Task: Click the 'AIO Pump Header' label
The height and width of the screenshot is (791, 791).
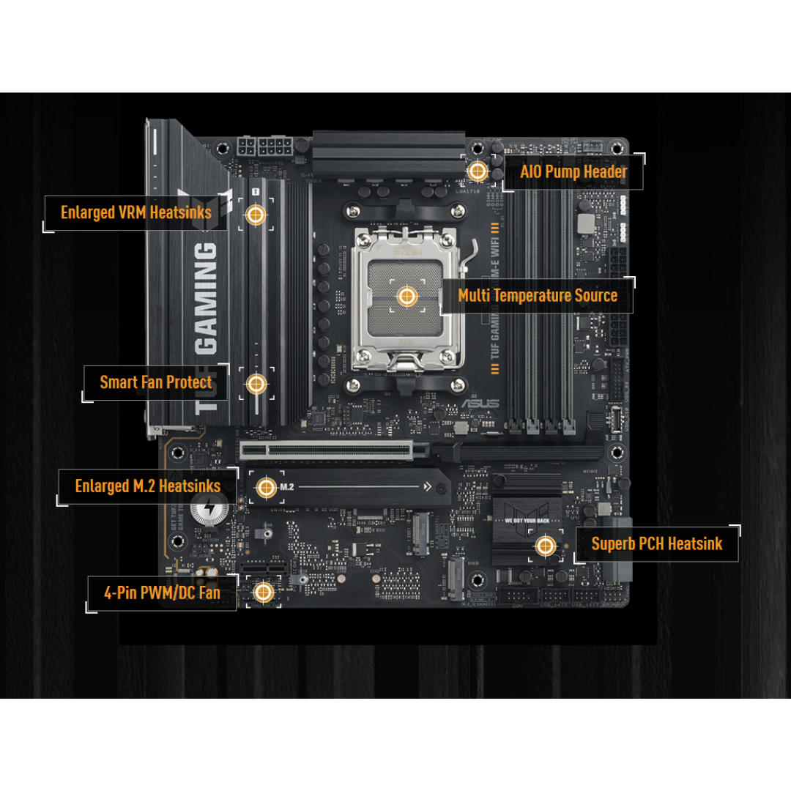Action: [573, 172]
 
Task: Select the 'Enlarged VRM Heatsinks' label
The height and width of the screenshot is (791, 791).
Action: [136, 212]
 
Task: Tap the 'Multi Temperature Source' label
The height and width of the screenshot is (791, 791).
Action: [538, 295]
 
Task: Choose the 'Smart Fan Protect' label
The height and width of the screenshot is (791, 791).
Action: [156, 382]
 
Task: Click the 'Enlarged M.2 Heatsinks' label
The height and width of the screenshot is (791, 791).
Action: [148, 486]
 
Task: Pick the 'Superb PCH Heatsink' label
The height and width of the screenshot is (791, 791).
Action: [656, 543]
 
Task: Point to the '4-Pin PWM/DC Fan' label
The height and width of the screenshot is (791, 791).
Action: [162, 593]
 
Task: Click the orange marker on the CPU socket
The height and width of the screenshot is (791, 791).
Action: [407, 297]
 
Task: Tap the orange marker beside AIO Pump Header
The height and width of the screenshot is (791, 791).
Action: [478, 171]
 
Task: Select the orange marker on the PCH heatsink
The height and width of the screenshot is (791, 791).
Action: [544, 545]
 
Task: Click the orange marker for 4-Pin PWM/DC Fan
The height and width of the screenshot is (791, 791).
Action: [264, 592]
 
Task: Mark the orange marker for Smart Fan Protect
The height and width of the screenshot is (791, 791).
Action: [256, 383]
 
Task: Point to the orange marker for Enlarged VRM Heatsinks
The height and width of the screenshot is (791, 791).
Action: [256, 215]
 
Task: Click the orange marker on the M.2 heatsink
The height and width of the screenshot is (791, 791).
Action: [266, 486]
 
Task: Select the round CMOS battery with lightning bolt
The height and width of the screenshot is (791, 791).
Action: [207, 508]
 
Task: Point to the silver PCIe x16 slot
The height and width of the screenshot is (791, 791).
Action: [334, 450]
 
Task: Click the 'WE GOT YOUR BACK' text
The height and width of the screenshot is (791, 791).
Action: [528, 521]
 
